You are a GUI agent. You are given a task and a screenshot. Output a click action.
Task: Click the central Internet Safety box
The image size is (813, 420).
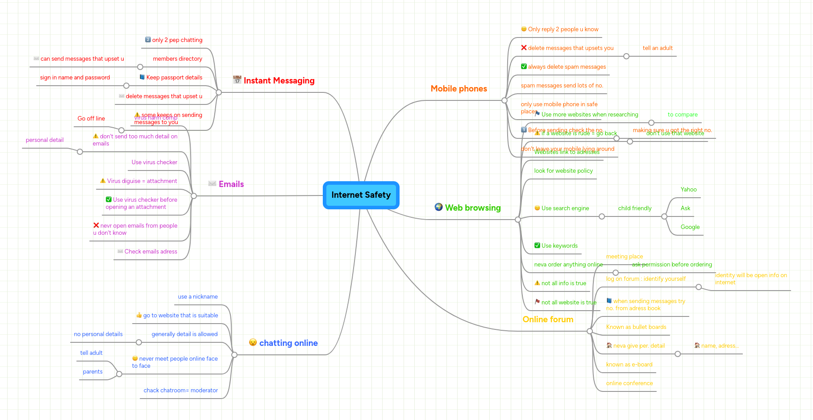coord(361,195)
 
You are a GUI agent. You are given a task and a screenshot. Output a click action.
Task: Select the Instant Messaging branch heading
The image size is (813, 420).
coord(279,81)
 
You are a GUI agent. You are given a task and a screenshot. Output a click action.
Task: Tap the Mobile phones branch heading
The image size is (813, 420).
coord(459,89)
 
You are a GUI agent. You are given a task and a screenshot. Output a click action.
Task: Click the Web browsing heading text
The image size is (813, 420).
coord(473,208)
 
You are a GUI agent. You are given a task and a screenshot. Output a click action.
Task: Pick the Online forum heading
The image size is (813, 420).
coord(548,320)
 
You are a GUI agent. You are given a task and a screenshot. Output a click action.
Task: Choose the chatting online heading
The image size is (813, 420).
coord(288,343)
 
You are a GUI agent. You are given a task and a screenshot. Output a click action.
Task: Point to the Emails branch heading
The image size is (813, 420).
coord(231,184)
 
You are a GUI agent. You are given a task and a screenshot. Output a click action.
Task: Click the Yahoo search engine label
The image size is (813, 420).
coord(688,190)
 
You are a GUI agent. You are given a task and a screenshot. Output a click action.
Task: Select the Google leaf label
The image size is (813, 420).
coord(690,227)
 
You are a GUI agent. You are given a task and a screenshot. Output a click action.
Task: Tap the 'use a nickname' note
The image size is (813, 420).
coord(198,297)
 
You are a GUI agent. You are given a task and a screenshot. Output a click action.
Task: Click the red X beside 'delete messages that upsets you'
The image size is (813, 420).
coord(524,48)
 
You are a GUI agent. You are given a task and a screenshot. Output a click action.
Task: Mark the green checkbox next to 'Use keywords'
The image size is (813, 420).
coord(537,245)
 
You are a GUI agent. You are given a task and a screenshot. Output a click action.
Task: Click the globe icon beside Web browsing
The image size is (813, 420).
coord(438,207)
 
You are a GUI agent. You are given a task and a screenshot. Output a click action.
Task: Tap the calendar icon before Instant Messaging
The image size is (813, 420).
coord(237,80)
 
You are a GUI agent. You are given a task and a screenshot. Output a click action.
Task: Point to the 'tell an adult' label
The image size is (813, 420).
coord(658,48)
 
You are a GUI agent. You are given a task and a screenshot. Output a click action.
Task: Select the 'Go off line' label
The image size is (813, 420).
coord(91,119)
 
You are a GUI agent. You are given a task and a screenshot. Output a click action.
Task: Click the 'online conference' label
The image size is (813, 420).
coord(629,383)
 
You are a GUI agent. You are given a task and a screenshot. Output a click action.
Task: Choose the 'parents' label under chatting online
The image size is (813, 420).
coord(92,372)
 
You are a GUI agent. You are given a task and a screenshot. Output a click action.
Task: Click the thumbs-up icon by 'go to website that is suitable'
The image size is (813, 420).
coord(139,315)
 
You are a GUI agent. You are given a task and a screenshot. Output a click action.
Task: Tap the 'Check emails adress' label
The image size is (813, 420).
coord(151,252)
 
